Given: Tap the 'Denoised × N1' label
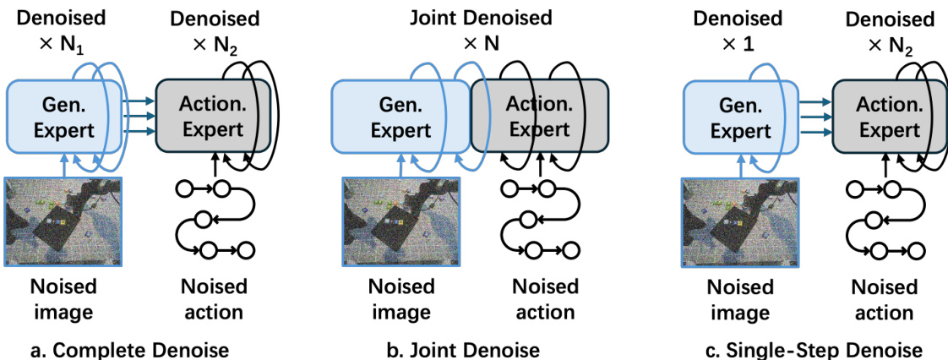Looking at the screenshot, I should (63, 30).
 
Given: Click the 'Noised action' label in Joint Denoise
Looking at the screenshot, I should (545, 298).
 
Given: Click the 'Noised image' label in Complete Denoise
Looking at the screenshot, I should (63, 298).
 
